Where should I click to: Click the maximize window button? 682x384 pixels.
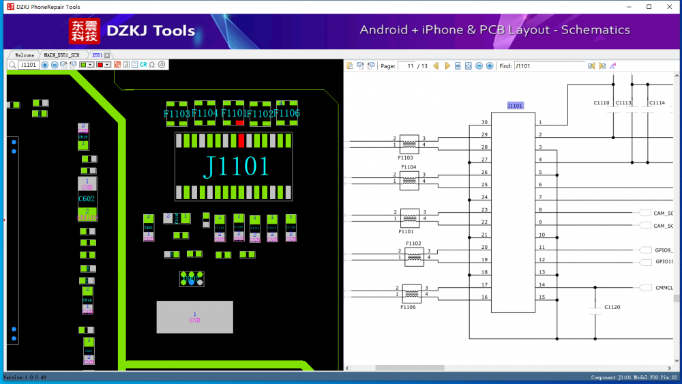(649, 7)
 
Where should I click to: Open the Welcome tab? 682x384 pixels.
(25, 55)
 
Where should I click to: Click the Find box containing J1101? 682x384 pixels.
(549, 66)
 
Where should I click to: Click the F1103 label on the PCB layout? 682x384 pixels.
(177, 114)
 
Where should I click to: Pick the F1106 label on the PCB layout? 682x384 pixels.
(287, 113)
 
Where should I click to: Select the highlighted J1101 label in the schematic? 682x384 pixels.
(515, 106)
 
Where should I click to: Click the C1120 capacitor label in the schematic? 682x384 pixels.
(612, 308)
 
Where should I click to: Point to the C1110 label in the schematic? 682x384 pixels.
(602, 103)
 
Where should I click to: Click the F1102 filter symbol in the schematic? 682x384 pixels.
(414, 256)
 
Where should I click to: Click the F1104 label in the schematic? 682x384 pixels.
(409, 166)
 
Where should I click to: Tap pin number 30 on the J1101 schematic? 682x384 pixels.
(484, 122)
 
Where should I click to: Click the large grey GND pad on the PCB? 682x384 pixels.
(194, 317)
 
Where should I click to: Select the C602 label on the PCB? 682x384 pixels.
(87, 198)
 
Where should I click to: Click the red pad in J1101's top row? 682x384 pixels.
(241, 141)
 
